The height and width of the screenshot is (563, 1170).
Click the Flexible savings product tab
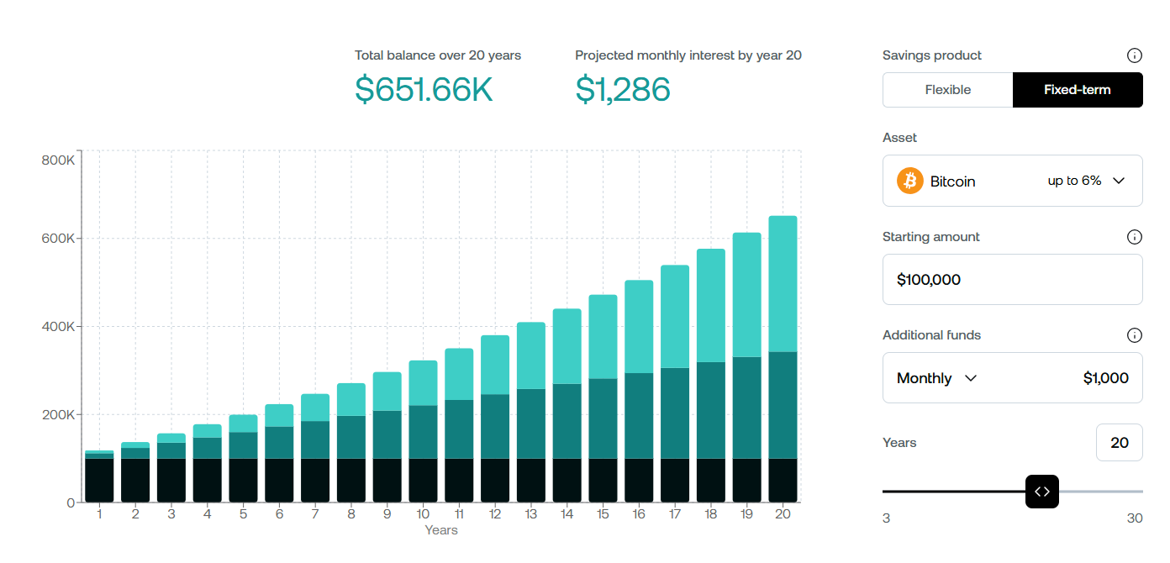(x=947, y=90)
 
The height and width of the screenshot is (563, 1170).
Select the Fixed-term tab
(x=1077, y=90)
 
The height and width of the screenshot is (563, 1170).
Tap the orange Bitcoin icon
(x=910, y=181)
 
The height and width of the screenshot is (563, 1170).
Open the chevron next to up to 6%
(x=1118, y=181)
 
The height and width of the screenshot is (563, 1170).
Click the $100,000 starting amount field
(x=1012, y=279)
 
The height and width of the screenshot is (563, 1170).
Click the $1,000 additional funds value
(x=1105, y=378)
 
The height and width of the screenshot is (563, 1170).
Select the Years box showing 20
(x=1119, y=442)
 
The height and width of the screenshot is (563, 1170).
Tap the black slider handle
(x=1042, y=492)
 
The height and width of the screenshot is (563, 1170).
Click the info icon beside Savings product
(x=1134, y=56)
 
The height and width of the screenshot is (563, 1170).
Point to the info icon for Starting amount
(x=1134, y=237)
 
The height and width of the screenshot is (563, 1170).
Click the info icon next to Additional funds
(x=1134, y=335)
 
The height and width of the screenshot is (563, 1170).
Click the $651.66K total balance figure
(x=424, y=89)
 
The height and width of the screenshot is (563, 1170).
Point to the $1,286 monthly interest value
(x=623, y=89)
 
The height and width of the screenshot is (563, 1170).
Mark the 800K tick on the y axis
(x=59, y=160)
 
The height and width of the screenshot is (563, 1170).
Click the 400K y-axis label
(x=59, y=326)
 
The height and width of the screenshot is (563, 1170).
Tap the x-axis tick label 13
(x=530, y=514)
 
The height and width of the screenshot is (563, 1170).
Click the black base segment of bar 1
(x=99, y=480)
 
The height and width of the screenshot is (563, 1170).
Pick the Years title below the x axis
(x=441, y=530)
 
